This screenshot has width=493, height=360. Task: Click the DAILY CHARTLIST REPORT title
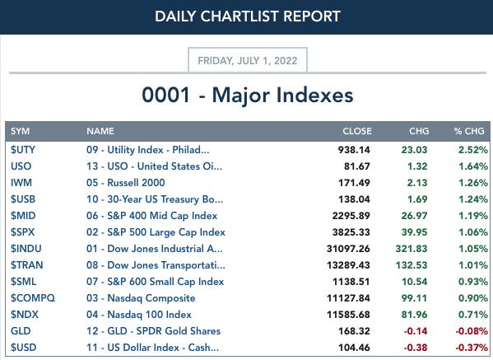tap(248, 16)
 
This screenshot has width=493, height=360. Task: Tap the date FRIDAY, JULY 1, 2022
tap(248, 60)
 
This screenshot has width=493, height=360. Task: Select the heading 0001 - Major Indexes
tap(248, 95)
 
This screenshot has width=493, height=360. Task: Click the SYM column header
tap(20, 131)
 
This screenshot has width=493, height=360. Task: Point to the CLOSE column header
tap(357, 131)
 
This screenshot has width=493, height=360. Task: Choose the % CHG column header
tap(469, 131)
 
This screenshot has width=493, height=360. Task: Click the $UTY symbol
tap(23, 150)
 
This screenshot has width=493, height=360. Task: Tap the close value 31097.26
tap(348, 249)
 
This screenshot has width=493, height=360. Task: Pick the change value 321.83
tap(412, 249)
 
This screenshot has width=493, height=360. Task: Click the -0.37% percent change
tap(472, 348)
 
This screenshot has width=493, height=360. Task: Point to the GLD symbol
tap(21, 331)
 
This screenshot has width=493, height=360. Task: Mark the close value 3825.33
tap(351, 232)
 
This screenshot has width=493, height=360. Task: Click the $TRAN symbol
tap(26, 265)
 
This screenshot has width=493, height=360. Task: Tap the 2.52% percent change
tap(473, 150)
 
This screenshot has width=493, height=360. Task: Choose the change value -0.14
tap(416, 331)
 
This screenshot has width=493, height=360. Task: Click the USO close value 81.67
tap(357, 166)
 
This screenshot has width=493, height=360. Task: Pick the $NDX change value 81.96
tap(414, 315)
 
